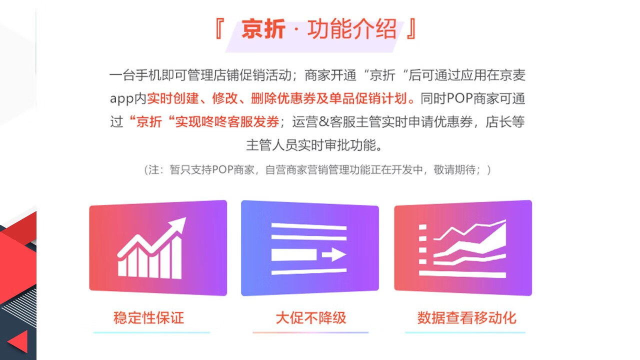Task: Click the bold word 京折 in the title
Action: pos(263,29)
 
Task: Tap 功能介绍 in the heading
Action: pos(352,29)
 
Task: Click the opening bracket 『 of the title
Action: pos(219,28)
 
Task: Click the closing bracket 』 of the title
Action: pos(411,28)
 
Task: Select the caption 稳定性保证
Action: pos(149,317)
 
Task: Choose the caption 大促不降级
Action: pos(311,317)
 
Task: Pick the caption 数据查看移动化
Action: pos(467,317)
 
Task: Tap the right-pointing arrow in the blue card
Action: pos(334,254)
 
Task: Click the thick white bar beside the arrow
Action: pos(294,254)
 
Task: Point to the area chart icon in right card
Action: pos(462,248)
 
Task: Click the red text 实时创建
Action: pos(172,98)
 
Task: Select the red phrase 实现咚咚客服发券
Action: pos(227,122)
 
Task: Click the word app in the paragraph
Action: pos(121,99)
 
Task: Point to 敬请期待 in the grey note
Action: pos(454,169)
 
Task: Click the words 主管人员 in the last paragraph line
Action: pos(271,145)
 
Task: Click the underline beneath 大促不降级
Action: pos(310,332)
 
